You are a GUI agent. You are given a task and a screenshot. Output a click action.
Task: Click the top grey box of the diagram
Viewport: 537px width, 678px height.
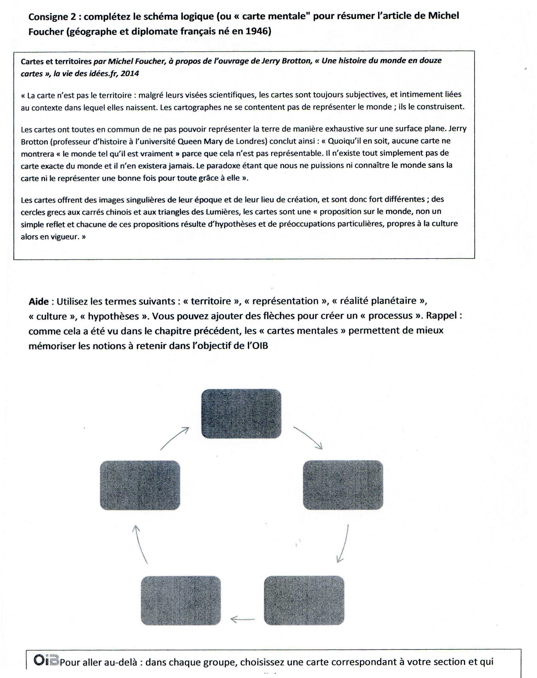(241, 413)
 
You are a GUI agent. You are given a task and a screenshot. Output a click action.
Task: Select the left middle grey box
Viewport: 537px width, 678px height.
(140, 485)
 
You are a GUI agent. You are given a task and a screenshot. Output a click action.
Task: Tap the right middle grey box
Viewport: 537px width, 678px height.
(343, 485)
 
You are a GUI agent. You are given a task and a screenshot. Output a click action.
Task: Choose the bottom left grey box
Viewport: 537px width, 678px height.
(181, 600)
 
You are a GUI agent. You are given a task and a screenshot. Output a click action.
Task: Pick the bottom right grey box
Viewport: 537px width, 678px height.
(304, 600)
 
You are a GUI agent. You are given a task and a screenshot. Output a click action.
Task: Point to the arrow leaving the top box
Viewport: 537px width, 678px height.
(308, 437)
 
